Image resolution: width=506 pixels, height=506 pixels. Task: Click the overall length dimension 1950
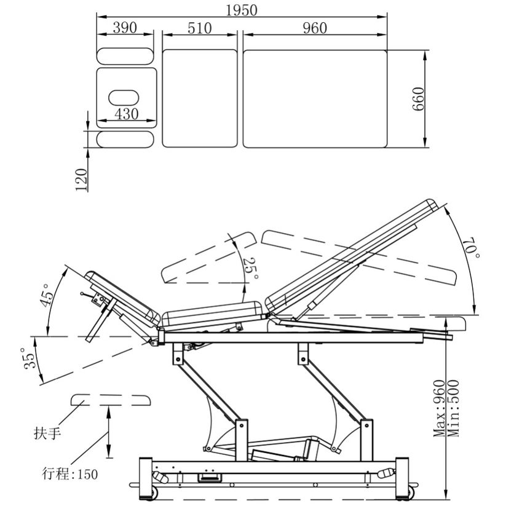tap(241, 10)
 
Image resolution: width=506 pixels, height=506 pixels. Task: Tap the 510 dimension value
tap(199, 28)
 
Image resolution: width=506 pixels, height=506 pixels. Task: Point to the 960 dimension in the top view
tap(315, 28)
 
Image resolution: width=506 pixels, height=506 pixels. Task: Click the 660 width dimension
tap(419, 99)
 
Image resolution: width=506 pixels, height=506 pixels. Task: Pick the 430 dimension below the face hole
tap(127, 114)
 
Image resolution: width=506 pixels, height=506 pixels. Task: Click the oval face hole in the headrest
tap(125, 97)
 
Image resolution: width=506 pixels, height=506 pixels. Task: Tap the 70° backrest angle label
tap(473, 248)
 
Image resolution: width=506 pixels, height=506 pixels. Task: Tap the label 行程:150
tap(69, 474)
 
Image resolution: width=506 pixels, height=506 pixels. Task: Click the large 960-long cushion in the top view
tap(315, 98)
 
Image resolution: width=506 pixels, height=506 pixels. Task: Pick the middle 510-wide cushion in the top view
tap(199, 98)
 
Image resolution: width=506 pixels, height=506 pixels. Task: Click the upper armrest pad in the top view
tap(125, 56)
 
